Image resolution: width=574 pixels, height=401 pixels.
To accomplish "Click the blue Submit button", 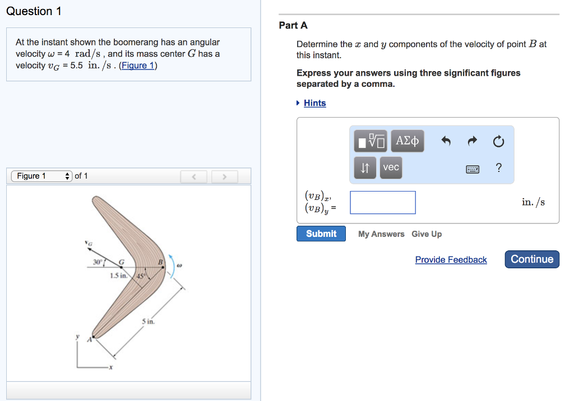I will (321, 234).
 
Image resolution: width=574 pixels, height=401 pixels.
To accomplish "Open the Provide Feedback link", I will (451, 260).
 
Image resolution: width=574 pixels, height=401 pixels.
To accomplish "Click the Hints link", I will (314, 103).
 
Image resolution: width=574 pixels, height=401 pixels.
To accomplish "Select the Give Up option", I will (426, 234).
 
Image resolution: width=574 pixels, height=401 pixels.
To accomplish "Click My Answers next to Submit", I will (381, 234).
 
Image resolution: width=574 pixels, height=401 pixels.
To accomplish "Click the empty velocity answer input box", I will (383, 203).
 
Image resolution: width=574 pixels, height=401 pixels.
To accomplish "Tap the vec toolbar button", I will (391, 167).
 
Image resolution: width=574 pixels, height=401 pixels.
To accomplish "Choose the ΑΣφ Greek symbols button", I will (407, 141).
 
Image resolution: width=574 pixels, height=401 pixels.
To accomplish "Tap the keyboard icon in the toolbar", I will (473, 169).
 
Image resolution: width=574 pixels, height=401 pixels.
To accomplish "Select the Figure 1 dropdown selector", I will (41, 176).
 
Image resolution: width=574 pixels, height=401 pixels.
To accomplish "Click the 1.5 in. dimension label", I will (119, 276).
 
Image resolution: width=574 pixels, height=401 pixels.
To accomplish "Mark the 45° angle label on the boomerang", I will (141, 276).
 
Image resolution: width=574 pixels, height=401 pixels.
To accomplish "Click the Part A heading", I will (293, 25).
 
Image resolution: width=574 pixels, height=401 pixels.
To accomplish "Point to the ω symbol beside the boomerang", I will (179, 265).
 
